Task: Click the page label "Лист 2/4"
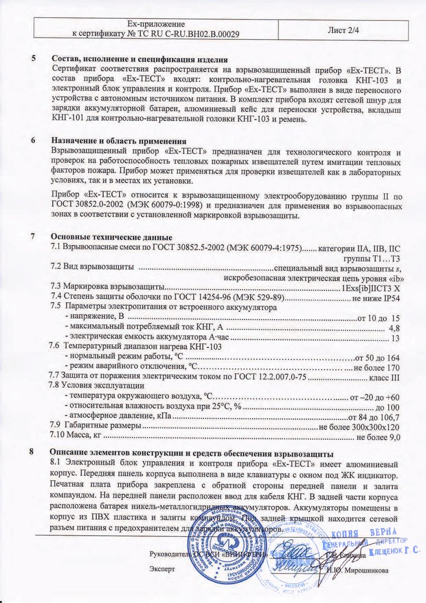[343, 30]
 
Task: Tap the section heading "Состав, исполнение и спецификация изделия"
[140, 60]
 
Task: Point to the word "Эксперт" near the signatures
[162, 568]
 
